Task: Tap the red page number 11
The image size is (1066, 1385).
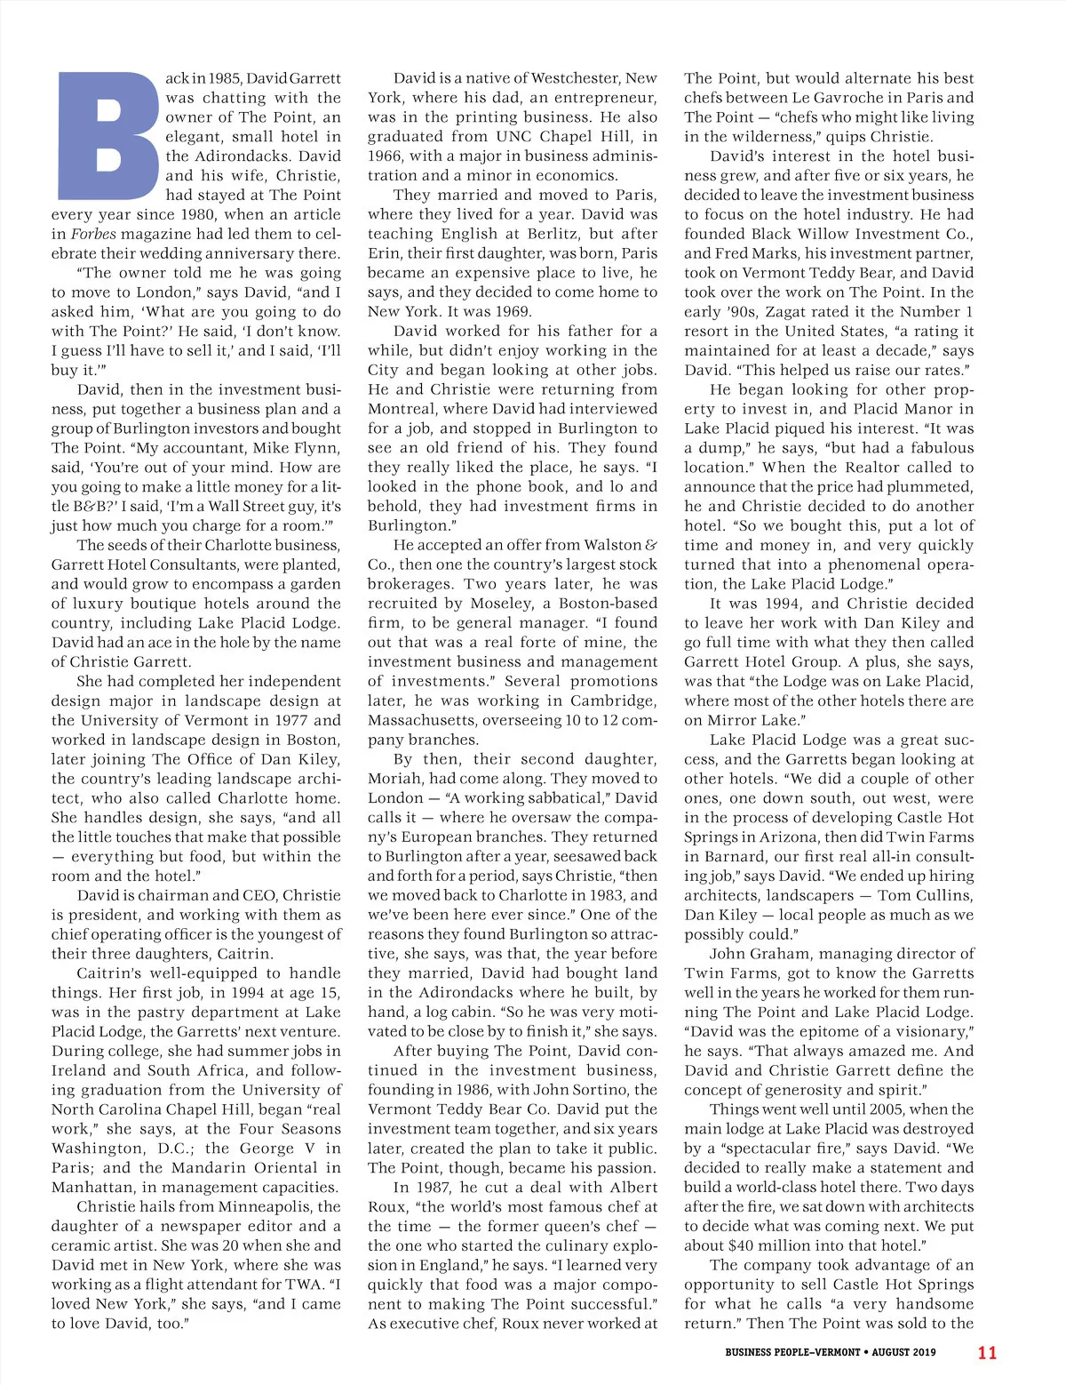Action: (x=987, y=1353)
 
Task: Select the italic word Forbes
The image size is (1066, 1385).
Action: (x=92, y=234)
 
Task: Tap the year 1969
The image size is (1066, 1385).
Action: (x=511, y=311)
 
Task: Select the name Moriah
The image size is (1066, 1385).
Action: (x=394, y=779)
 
